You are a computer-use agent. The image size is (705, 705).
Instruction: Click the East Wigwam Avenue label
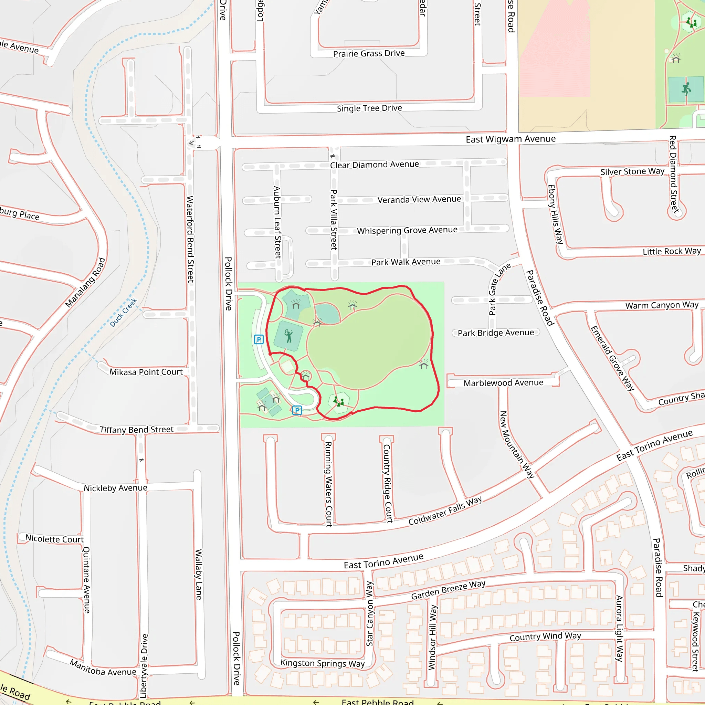click(x=511, y=139)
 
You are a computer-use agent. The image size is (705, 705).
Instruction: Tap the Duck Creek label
click(x=123, y=312)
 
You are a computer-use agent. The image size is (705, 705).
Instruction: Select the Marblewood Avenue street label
click(x=503, y=383)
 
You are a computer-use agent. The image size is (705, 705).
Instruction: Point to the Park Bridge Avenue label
click(x=496, y=333)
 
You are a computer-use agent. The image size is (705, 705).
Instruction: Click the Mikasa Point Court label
click(x=146, y=372)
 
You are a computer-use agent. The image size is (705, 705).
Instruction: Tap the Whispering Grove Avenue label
click(x=407, y=230)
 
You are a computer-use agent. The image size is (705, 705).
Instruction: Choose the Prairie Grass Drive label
click(x=369, y=54)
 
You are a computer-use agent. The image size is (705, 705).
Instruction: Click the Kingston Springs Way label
click(x=322, y=663)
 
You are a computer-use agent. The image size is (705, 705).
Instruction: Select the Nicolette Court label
click(x=54, y=539)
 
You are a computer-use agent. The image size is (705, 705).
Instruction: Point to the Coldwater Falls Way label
click(x=445, y=511)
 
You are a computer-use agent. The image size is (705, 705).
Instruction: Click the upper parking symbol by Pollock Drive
click(x=259, y=339)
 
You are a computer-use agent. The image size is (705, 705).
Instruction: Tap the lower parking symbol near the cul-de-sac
click(x=297, y=410)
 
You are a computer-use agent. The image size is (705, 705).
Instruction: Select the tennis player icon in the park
click(x=288, y=336)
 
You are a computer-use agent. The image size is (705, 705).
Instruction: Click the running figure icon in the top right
click(x=686, y=89)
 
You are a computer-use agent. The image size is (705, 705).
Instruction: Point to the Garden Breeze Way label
click(x=448, y=590)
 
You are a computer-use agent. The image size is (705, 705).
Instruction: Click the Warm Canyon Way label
click(x=662, y=305)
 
